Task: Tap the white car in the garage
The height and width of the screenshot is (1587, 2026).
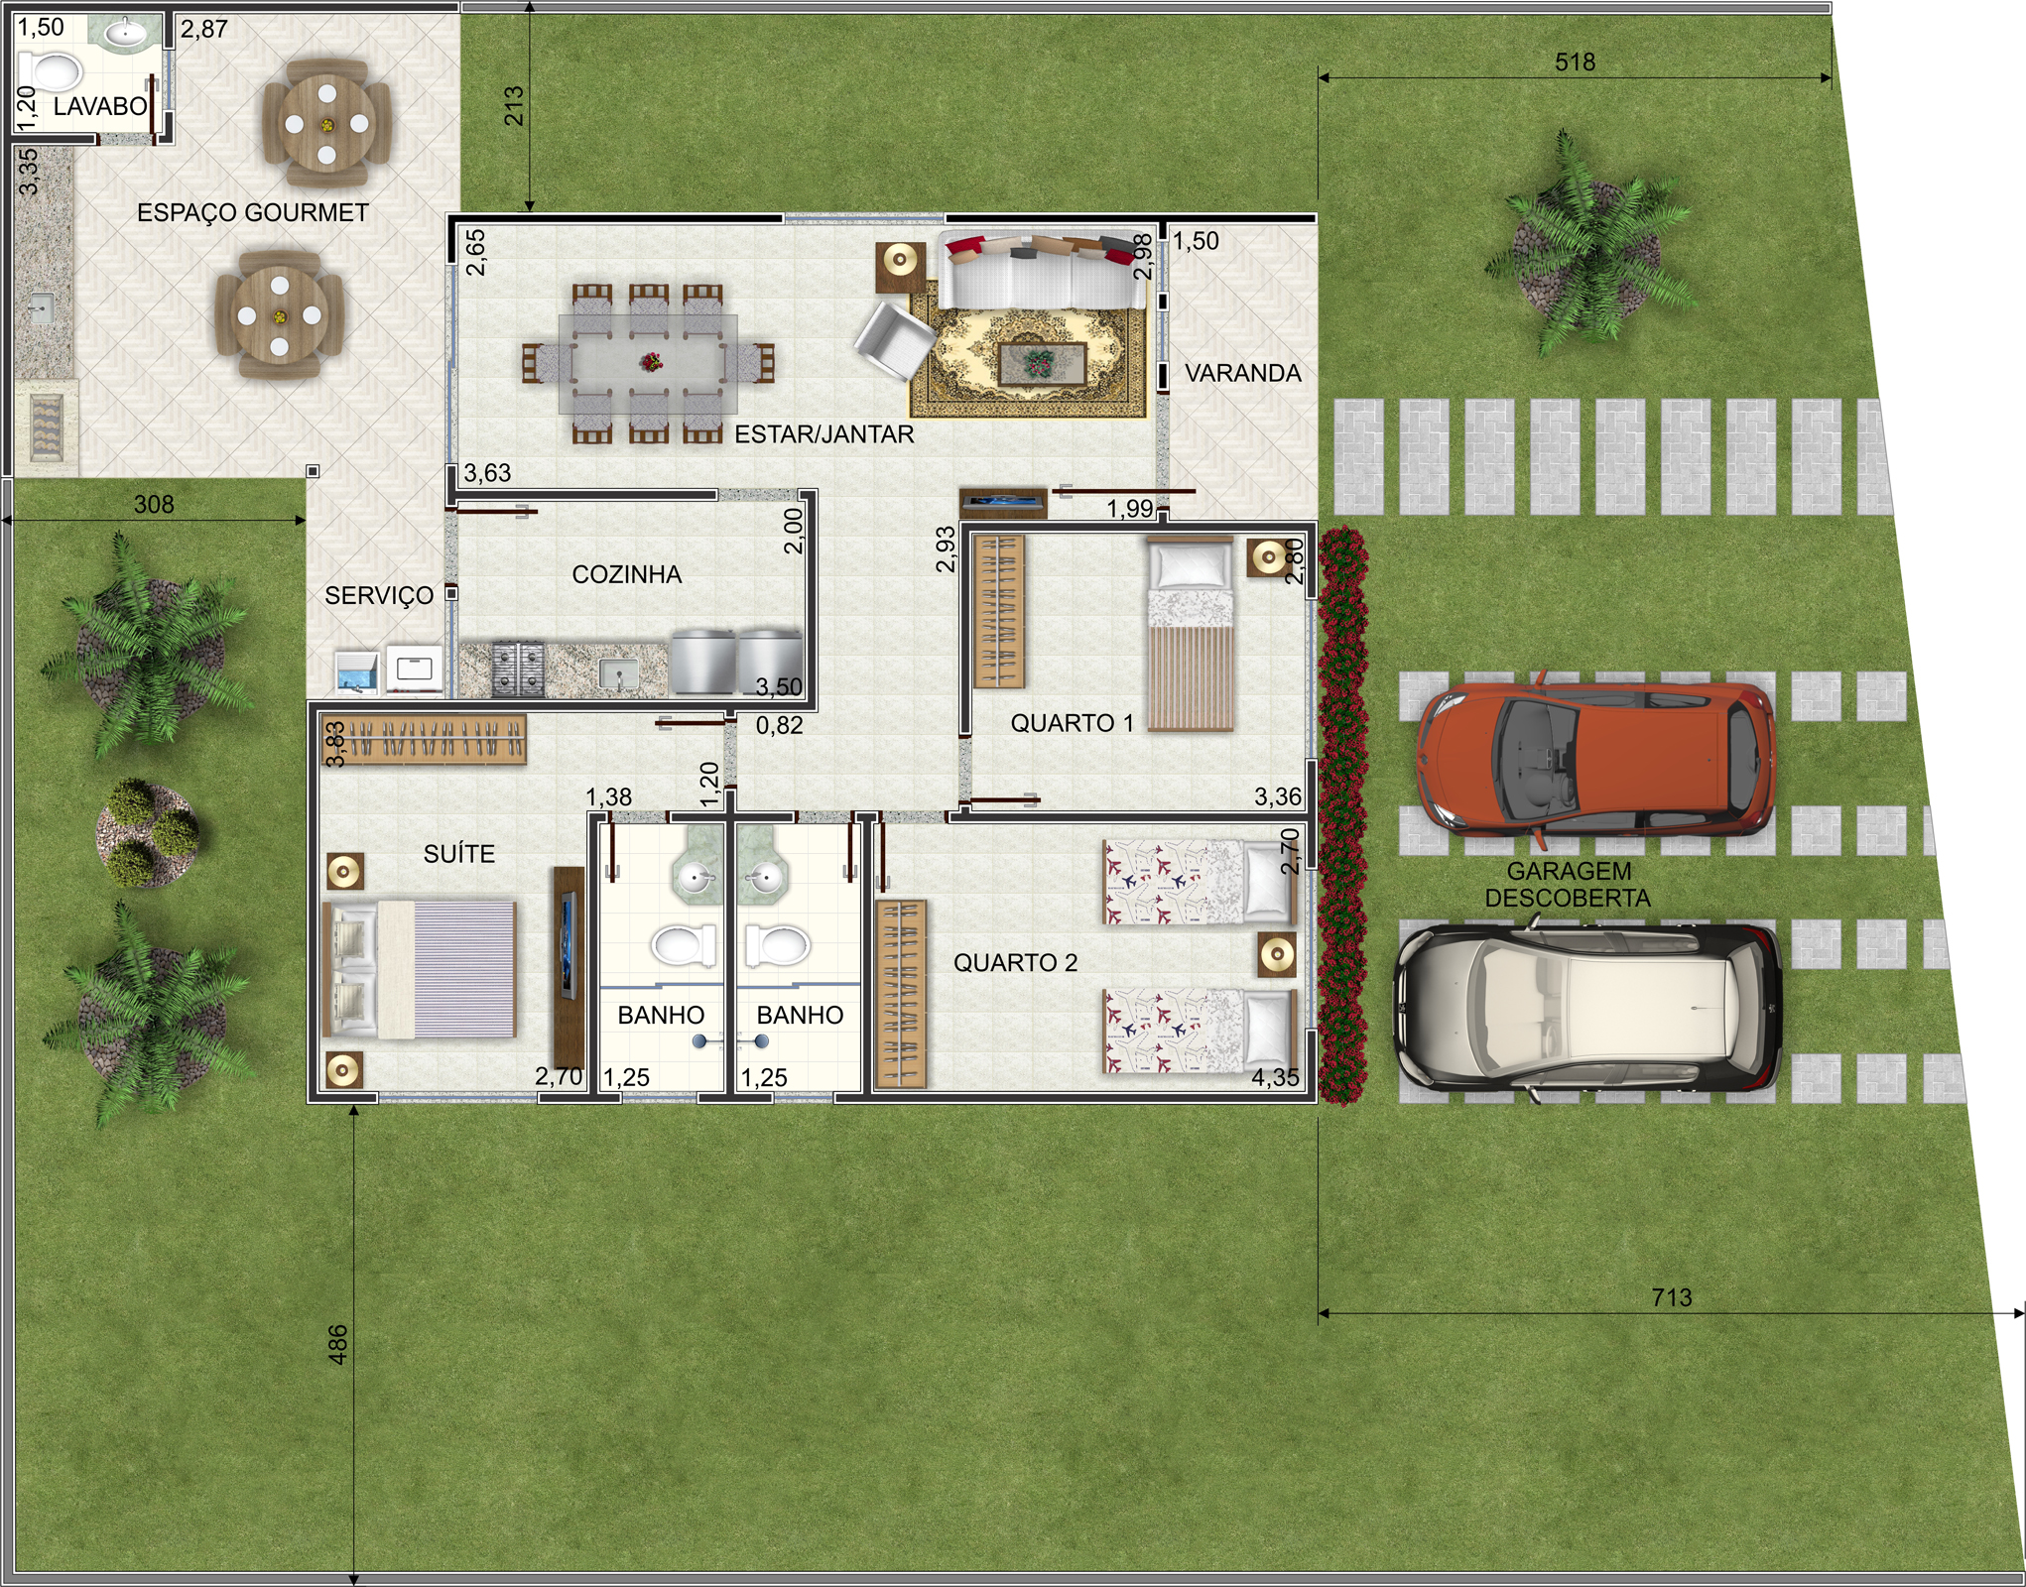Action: pos(1587,1008)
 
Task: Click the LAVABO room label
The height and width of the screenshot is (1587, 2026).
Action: pos(100,106)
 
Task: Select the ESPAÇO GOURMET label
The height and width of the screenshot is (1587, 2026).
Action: pos(252,212)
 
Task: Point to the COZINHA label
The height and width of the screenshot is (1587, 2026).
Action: pos(627,574)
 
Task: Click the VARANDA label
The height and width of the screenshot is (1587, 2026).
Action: pos(1243,373)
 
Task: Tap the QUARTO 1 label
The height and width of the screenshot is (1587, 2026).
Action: pos(1072,723)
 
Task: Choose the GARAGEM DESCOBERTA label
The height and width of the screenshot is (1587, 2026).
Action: pos(1569,885)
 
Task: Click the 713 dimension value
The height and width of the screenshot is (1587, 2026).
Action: pos(1672,1296)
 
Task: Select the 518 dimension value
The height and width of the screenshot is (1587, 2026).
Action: pos(1575,61)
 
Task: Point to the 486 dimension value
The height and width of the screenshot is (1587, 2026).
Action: pos(338,1344)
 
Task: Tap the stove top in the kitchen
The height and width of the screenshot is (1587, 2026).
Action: pos(518,668)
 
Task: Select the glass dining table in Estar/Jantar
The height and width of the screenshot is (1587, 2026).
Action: pos(648,363)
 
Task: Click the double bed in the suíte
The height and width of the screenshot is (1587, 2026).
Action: pos(419,968)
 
